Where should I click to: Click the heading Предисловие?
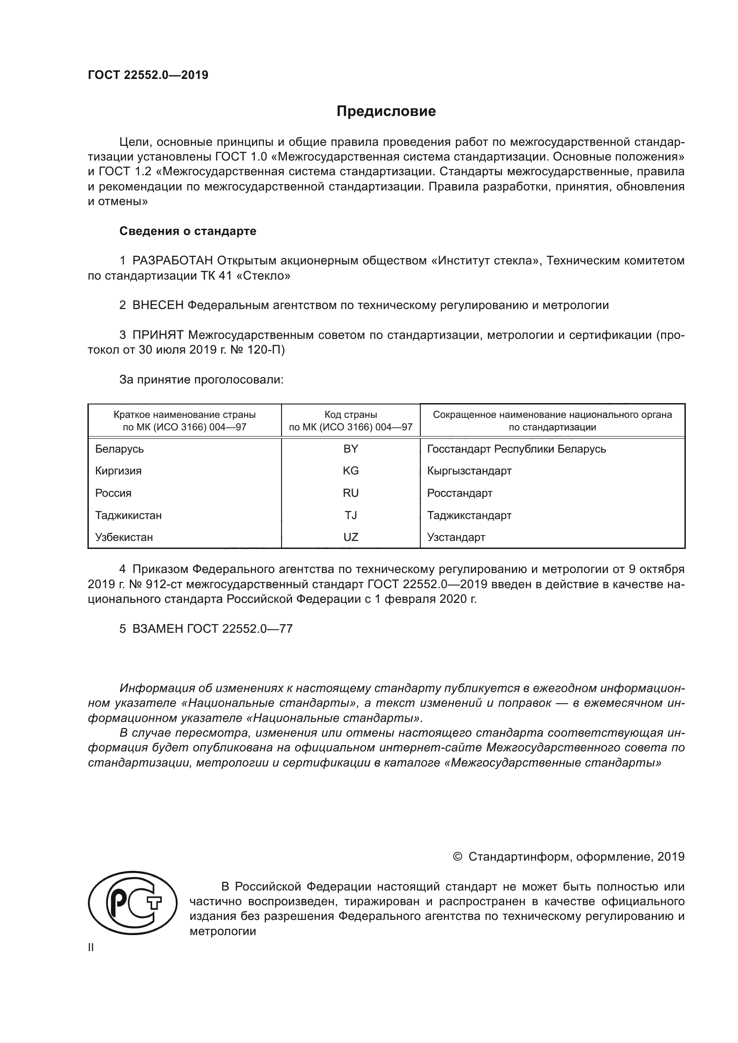coord(386,111)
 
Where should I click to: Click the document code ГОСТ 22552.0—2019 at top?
coord(148,75)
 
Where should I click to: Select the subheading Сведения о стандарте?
coord(188,231)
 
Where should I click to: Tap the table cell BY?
coord(350,449)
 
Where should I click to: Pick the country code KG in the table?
coord(350,470)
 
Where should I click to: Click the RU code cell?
coord(350,493)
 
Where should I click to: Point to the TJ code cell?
coord(350,515)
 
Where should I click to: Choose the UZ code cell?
coord(350,537)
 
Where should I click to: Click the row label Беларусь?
coord(120,449)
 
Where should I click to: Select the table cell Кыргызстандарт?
coord(469,470)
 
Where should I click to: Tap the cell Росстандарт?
coord(460,493)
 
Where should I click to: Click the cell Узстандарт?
coord(456,537)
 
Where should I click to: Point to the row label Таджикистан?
coord(128,515)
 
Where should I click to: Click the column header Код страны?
coord(350,415)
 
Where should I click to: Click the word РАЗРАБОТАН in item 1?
coord(172,261)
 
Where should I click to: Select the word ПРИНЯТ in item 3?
coord(158,335)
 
